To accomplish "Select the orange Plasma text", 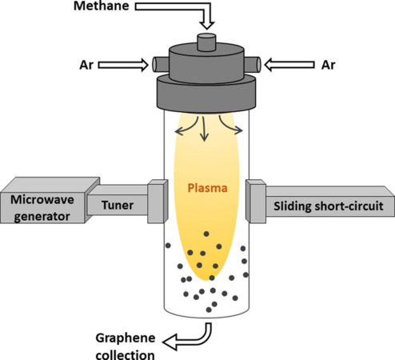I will pos(204,189).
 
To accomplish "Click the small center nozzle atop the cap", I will pos(206,42).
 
